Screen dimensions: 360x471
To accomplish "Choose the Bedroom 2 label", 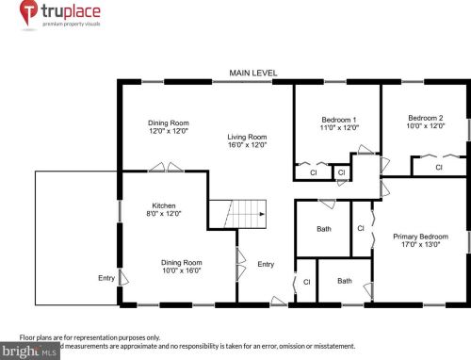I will [425, 119].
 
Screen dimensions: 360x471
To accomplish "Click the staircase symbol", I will [236, 213].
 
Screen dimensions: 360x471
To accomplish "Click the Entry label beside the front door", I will [266, 264].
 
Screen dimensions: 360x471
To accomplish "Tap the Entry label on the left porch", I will [106, 278].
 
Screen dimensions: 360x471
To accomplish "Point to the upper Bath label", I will [324, 229].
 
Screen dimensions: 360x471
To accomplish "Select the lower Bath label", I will [345, 280].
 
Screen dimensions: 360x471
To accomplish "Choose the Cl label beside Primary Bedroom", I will [361, 228].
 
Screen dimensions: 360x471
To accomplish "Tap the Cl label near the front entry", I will [307, 281].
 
